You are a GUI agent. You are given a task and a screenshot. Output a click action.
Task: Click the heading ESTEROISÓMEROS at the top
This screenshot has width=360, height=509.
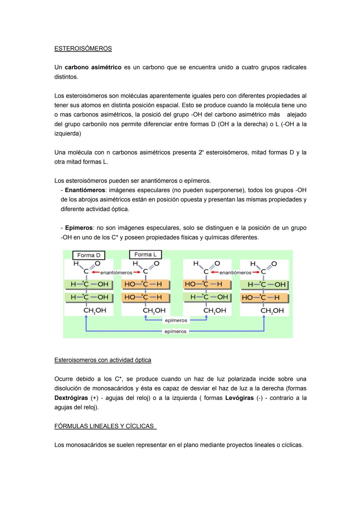(83, 49)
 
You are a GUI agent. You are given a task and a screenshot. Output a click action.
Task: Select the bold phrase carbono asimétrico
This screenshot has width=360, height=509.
(93, 67)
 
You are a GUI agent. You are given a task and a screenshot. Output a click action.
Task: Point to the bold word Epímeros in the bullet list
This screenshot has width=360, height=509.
(79, 228)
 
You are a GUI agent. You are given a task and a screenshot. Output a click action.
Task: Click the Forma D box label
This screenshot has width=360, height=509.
(89, 255)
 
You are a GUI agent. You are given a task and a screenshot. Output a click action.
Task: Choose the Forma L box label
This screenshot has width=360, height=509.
(145, 255)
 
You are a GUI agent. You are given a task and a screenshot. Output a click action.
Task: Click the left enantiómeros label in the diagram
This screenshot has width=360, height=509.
(116, 273)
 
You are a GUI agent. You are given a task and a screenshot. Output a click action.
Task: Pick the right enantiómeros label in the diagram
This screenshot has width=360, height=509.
(235, 273)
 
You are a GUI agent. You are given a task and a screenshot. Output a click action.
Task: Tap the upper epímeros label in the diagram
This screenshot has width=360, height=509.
(176, 320)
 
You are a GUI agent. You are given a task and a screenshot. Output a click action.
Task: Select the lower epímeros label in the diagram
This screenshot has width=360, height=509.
(175, 331)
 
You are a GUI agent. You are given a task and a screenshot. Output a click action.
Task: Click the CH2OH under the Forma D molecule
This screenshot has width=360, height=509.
(95, 311)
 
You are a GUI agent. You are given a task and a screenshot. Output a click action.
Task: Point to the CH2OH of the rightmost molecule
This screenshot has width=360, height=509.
(272, 311)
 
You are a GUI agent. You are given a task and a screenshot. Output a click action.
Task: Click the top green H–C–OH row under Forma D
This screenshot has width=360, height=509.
(89, 285)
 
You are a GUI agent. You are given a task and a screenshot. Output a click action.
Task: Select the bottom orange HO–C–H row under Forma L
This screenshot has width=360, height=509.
(145, 297)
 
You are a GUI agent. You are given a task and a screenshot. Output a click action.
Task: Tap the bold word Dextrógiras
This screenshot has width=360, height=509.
(71, 398)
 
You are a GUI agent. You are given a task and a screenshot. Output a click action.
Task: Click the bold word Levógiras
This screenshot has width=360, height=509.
(239, 398)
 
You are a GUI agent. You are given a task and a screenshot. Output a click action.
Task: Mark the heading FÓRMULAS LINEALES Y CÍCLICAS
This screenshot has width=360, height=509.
(105, 426)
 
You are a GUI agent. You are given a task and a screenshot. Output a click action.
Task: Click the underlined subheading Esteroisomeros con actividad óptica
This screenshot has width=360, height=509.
(103, 360)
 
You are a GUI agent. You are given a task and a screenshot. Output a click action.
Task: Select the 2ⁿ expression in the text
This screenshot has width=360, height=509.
(200, 152)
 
